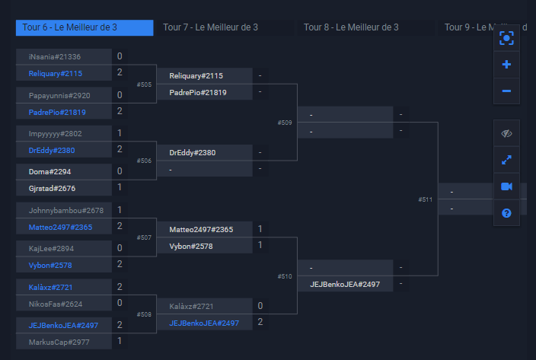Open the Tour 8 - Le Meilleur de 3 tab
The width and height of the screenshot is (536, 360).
(x=351, y=27)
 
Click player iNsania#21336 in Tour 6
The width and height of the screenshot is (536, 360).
(x=55, y=57)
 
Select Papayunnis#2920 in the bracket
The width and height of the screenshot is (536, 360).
(x=59, y=95)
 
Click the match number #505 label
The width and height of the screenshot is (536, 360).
(x=144, y=84)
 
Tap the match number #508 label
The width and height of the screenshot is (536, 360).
(x=144, y=314)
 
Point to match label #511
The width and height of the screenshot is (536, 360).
(x=426, y=199)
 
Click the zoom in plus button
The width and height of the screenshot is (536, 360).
(x=506, y=65)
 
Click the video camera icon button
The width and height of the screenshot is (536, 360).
(x=506, y=186)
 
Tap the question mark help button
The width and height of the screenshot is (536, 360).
(x=506, y=213)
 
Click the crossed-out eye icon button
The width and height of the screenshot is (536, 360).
(x=506, y=133)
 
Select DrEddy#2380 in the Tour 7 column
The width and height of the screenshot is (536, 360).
(x=192, y=152)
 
